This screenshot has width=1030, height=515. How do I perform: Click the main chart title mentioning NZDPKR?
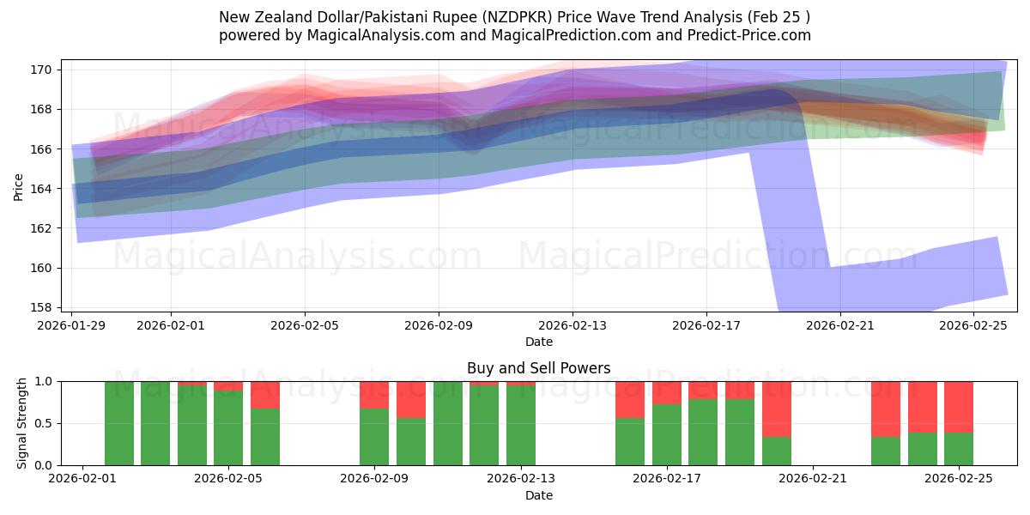[x=514, y=17]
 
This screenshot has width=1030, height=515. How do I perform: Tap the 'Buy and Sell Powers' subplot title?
[x=538, y=368]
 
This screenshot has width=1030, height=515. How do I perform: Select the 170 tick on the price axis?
[x=49, y=70]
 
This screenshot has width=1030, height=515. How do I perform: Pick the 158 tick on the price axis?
[x=49, y=307]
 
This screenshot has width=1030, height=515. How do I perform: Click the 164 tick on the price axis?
[x=49, y=189]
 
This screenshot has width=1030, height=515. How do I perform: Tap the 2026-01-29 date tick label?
[x=74, y=325]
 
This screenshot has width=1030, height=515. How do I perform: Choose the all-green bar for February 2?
[x=119, y=423]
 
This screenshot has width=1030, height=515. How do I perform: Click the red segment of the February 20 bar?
[x=776, y=409]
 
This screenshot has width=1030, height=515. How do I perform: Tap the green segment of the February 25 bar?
[x=959, y=449]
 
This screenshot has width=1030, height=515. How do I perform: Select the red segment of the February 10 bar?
[x=411, y=399]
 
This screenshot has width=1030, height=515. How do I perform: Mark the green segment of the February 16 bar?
[x=630, y=442]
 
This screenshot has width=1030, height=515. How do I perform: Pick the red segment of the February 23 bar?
[x=886, y=409]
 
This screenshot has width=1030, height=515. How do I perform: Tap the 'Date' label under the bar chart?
[x=538, y=495]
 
